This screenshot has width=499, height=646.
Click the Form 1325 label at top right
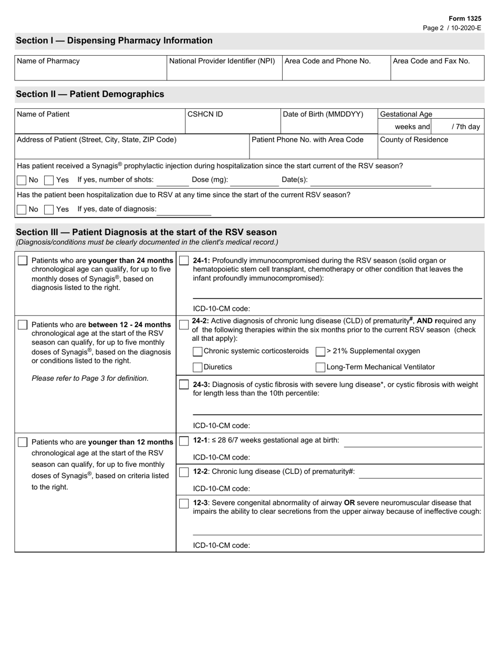pos(465,18)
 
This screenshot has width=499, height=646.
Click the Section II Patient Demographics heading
pos(90,95)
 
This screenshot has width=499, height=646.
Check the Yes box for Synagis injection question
pos(49,180)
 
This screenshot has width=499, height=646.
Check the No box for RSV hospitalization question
pos(22,210)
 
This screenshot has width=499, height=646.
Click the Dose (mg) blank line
pos(254,181)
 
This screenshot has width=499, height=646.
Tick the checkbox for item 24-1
pos(184,261)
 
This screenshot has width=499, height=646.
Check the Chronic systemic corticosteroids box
pos(197,351)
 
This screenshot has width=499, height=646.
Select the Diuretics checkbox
pos(197,368)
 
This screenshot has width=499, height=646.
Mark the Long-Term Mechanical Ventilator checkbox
pos(320,368)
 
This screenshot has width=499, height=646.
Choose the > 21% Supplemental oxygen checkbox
pos(320,351)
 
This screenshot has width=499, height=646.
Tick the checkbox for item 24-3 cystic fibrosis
pos(184,385)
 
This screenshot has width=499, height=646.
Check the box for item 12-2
pos(184,472)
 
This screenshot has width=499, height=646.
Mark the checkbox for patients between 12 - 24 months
pos(23,325)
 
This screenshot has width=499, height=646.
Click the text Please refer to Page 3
pos(90,378)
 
